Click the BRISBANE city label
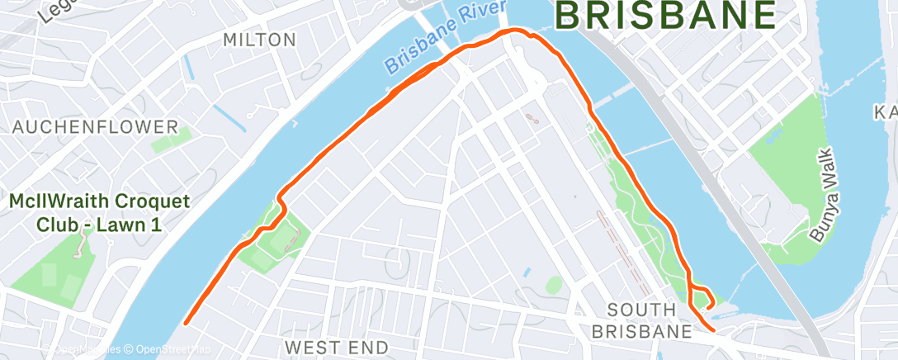665,16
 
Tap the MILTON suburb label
259,40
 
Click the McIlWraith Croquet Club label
99,212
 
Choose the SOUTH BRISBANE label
649,320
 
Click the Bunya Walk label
825,195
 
